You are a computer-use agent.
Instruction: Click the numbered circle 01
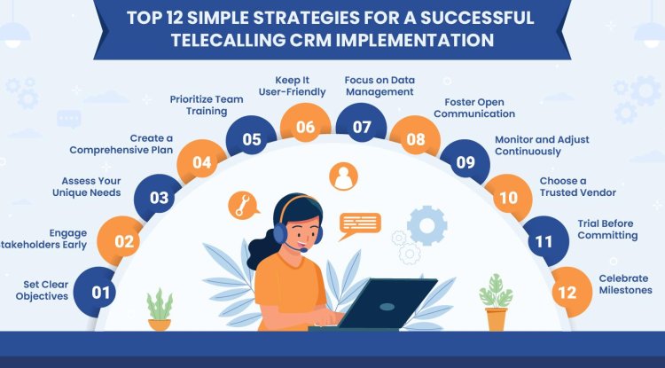(x=102, y=292)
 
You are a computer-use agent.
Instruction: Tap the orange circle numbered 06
(x=306, y=127)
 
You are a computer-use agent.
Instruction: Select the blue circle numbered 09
(x=465, y=161)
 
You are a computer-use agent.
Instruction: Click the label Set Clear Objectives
(x=46, y=291)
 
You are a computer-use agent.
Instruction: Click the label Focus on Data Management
(x=379, y=85)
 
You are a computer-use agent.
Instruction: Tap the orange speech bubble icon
(x=360, y=222)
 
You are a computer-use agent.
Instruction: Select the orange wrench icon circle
(x=241, y=205)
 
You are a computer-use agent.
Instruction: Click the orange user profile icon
(x=342, y=177)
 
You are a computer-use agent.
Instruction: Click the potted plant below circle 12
(x=496, y=301)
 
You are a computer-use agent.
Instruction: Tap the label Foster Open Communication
(x=479, y=107)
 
